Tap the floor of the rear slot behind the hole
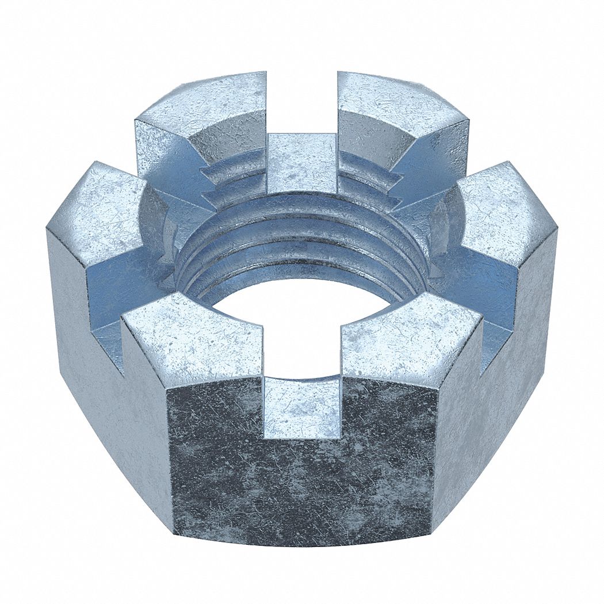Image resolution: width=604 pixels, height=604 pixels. coord(302,161)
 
